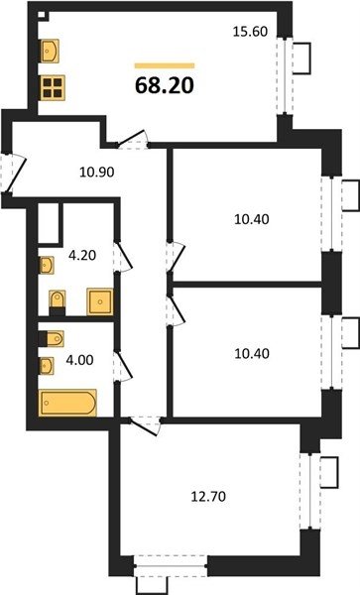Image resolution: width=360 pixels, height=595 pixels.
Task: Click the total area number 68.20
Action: [165, 85]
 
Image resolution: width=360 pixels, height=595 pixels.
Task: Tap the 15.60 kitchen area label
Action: [250, 31]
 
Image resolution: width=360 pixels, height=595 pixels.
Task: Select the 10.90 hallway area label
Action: [97, 173]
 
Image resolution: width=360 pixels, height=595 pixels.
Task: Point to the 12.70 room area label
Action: [208, 496]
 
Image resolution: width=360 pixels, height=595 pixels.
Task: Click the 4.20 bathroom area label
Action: [82, 256]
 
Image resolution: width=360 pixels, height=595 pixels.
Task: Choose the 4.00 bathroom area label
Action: [79, 360]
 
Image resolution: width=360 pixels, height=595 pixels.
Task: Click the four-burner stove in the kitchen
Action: [53, 88]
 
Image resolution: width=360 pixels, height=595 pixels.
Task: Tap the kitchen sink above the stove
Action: [50, 51]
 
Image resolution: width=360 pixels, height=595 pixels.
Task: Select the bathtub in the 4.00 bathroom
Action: [67, 403]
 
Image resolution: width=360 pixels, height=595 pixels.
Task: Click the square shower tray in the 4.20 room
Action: [100, 301]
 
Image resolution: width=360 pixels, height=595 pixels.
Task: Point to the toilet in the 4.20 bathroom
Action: [58, 302]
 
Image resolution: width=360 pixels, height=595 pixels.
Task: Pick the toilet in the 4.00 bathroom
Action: [52, 338]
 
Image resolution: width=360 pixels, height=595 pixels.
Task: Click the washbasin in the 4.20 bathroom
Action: [47, 265]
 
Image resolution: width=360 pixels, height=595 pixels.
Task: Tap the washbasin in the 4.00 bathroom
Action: [47, 366]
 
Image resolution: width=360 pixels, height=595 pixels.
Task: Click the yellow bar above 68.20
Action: [165, 65]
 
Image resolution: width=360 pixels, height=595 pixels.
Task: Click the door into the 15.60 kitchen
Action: [132, 140]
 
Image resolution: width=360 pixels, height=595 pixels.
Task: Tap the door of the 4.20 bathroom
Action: [123, 257]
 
